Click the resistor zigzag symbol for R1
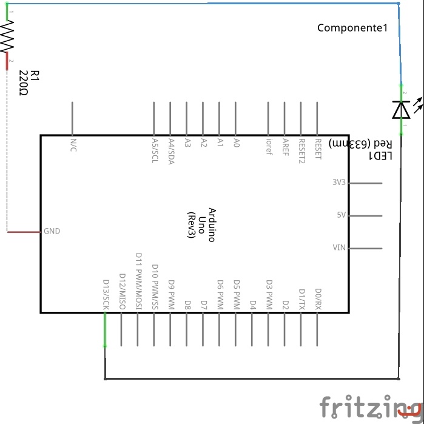[7, 39]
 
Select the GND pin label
[52, 231]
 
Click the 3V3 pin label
[338, 183]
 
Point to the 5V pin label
[341, 215]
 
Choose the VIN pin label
[339, 247]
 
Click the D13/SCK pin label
[106, 295]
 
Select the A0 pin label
[237, 143]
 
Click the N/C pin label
[73, 145]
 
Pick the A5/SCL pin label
[154, 150]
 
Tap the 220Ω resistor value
[24, 84]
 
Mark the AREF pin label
[285, 147]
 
